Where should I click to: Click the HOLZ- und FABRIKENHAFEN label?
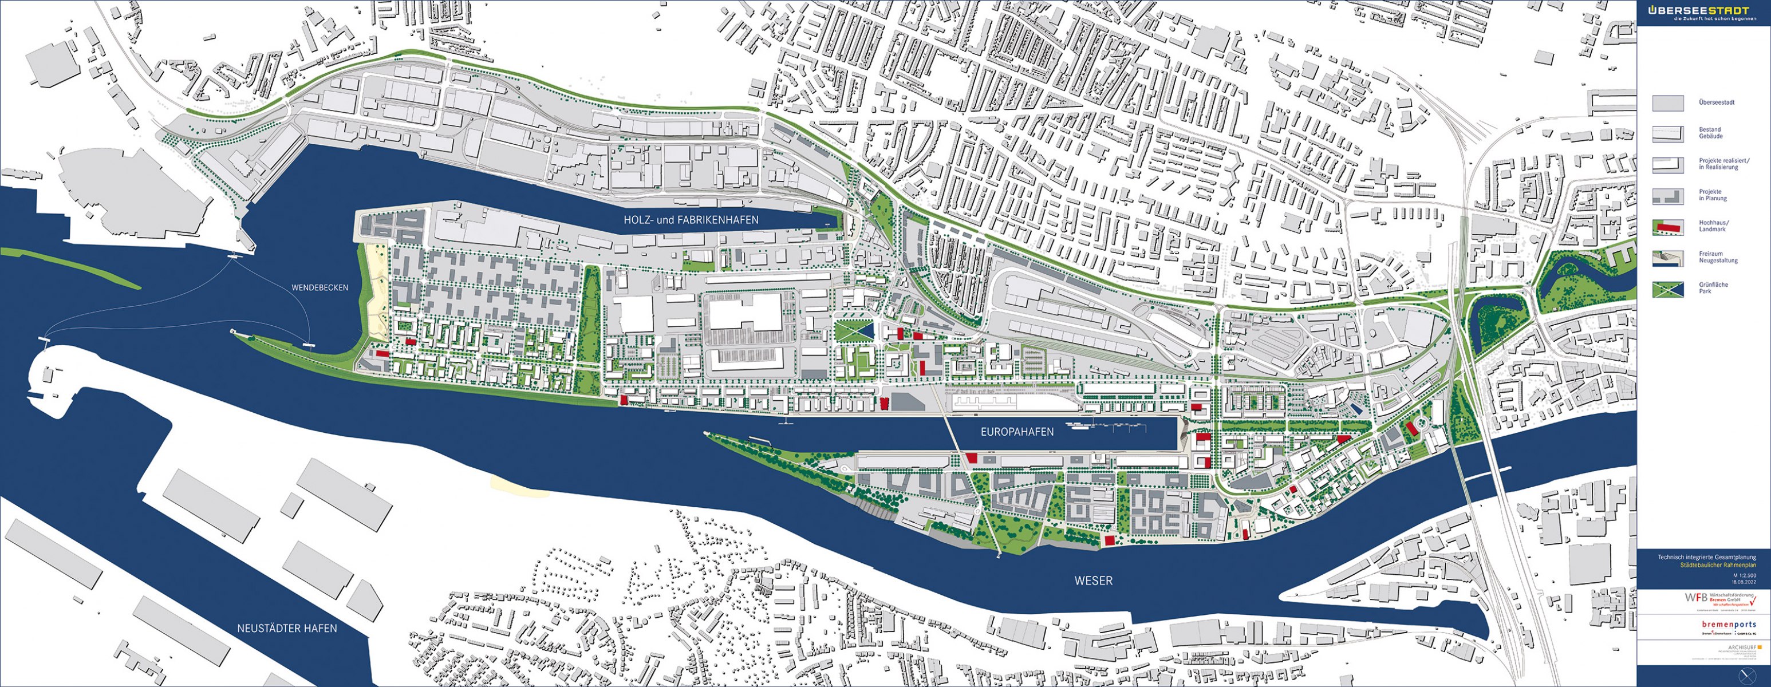point(691,220)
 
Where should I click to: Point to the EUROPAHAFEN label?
point(1017,432)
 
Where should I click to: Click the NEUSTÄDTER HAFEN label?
point(287,628)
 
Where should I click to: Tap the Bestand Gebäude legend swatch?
point(1667,133)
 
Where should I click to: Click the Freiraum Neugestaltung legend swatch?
point(1667,257)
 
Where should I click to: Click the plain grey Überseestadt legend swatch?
point(1667,103)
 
